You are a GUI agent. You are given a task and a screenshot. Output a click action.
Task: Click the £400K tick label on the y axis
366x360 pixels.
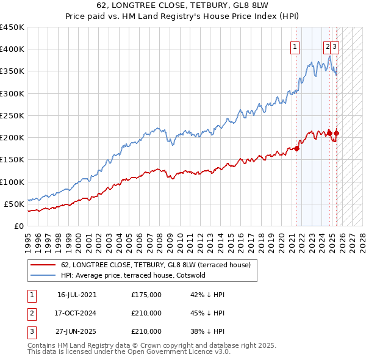[12, 49]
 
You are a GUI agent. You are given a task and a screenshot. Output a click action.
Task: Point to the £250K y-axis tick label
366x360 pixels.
[12, 115]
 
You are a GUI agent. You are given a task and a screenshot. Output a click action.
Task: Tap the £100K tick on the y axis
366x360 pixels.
[12, 182]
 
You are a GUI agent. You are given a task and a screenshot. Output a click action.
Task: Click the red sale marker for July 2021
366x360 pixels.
[297, 148]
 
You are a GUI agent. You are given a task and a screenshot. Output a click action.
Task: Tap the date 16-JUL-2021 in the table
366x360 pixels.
[77, 295]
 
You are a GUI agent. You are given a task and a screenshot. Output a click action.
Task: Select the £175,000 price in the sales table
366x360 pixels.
[146, 295]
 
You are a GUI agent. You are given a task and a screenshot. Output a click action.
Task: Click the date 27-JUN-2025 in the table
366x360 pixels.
[77, 331]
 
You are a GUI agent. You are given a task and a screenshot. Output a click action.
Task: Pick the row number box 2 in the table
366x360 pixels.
[32, 313]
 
